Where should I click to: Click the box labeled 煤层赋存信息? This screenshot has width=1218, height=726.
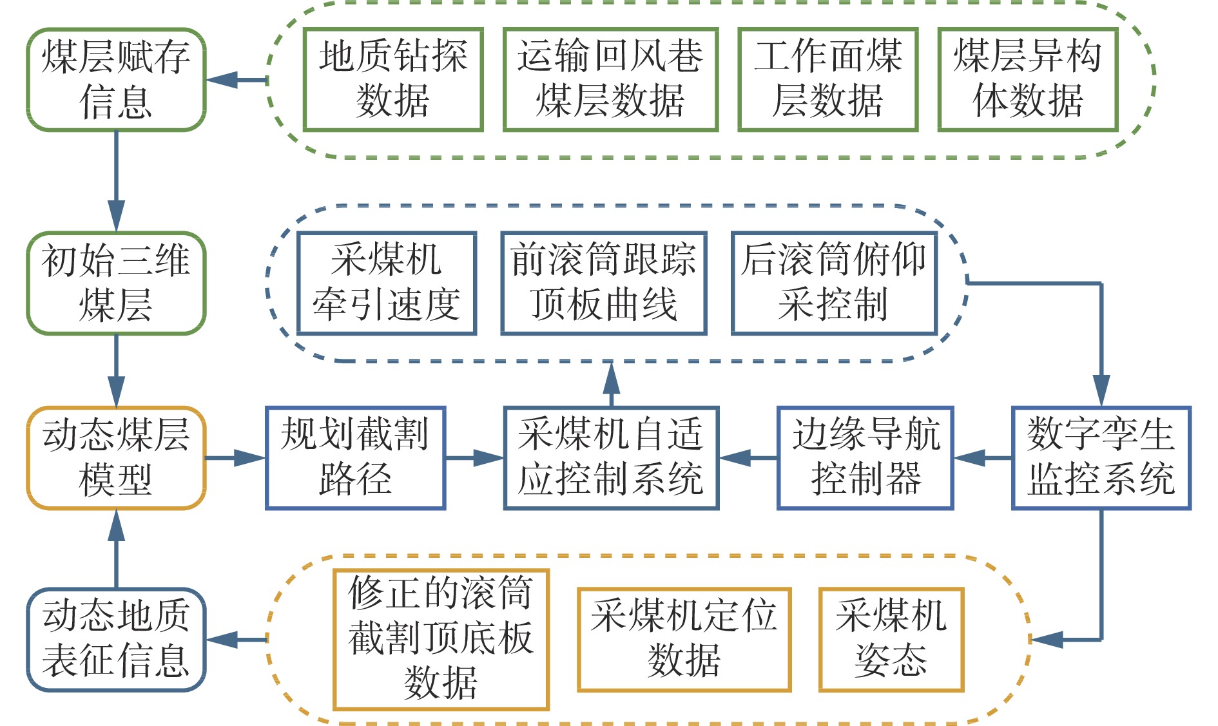[116, 80]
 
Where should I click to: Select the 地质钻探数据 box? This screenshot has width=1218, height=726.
[393, 80]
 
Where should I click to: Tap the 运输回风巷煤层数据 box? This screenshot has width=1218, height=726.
[610, 80]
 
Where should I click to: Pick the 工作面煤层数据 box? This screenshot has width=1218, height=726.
[828, 80]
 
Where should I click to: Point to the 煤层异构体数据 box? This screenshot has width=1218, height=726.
[1028, 80]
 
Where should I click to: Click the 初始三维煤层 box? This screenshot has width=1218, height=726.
[116, 283]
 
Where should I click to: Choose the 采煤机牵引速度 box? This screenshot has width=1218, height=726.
[387, 283]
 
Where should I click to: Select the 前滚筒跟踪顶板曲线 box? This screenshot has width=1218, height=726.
[604, 283]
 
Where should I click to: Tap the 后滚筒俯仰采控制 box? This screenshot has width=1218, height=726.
[834, 283]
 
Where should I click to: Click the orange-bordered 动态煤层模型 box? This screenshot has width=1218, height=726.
[116, 458]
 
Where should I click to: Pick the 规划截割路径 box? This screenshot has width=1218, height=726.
[355, 458]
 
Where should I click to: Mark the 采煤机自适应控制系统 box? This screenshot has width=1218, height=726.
[611, 458]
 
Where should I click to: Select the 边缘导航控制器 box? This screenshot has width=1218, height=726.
[865, 458]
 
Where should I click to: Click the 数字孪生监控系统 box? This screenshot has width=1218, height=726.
[1101, 458]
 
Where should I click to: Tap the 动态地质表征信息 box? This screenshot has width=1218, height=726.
[116, 640]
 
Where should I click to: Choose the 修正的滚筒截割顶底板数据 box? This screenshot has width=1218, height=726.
[441, 640]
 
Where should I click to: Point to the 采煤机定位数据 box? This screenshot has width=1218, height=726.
[684, 640]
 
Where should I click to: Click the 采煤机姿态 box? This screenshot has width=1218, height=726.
[891, 640]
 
